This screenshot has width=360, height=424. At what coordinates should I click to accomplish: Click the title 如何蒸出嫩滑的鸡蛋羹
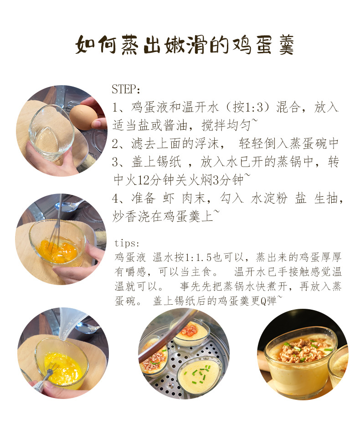point(185,45)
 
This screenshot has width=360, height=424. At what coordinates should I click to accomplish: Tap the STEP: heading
point(126,88)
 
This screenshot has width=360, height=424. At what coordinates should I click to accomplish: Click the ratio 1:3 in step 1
point(264,107)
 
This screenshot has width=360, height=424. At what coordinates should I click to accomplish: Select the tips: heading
point(127,243)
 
